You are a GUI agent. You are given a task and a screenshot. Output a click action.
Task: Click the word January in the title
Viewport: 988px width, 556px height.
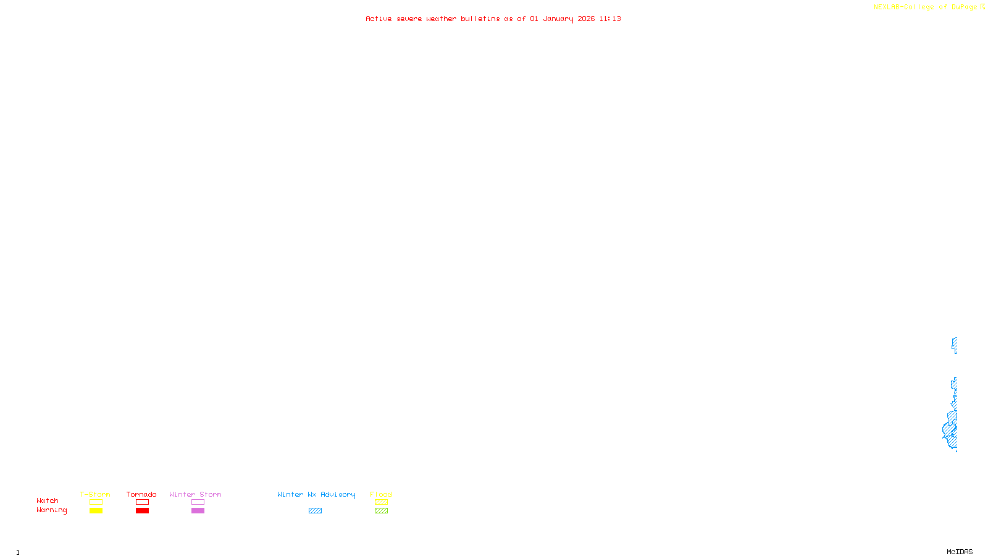tap(558, 19)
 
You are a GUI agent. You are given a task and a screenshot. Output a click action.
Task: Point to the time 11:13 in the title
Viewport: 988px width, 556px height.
tap(610, 19)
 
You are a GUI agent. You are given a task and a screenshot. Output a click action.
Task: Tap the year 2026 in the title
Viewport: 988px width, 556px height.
tap(586, 19)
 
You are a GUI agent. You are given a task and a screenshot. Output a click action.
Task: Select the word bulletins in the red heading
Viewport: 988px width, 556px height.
tap(480, 19)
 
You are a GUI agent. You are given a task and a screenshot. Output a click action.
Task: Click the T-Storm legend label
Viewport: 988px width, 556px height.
tap(95, 494)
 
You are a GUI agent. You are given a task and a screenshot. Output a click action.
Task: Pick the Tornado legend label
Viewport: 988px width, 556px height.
tap(141, 494)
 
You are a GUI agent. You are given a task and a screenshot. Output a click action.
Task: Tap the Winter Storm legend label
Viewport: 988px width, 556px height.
tap(195, 494)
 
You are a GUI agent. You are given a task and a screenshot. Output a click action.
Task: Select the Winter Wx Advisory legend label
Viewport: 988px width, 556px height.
tap(316, 494)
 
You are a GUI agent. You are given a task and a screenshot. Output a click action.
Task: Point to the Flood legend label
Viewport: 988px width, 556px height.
tap(381, 494)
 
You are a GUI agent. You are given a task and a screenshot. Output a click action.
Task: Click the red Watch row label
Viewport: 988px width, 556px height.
tap(48, 501)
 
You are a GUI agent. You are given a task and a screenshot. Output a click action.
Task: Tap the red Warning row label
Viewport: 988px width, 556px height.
tap(52, 510)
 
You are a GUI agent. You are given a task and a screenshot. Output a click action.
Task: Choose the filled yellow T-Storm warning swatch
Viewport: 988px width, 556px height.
tap(96, 511)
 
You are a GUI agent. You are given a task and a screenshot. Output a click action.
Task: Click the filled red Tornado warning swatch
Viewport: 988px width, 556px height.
tap(142, 511)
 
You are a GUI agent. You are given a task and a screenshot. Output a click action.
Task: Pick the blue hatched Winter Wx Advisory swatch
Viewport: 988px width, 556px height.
tap(315, 511)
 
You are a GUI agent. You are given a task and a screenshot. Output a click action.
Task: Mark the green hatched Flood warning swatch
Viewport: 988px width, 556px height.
tap(381, 511)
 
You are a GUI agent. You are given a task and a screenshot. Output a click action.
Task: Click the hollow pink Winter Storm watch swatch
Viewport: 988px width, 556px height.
tap(198, 502)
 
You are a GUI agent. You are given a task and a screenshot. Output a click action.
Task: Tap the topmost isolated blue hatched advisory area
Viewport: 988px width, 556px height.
tap(955, 345)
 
